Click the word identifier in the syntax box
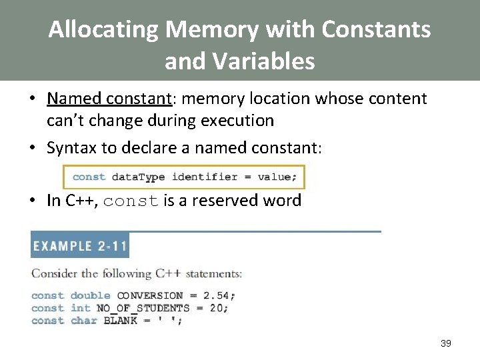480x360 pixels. coord(205,177)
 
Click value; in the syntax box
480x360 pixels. coord(275,177)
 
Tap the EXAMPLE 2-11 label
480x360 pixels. coord(79,246)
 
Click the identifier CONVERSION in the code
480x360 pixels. coord(149,295)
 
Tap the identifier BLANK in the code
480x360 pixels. coord(120,321)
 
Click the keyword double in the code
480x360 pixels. coord(91,295)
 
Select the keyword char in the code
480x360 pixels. coord(83,321)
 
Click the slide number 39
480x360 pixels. coord(446,343)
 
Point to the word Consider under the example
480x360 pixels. coord(53,274)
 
